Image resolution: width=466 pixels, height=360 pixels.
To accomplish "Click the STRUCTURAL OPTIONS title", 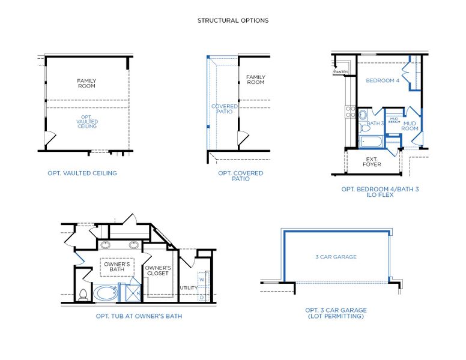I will coord(233,20).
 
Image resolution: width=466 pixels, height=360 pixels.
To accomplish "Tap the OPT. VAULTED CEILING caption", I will coord(82,173).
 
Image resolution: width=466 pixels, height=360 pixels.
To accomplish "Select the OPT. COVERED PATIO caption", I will coord(240,176).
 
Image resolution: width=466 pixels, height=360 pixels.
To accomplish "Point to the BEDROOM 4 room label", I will coord(383,80).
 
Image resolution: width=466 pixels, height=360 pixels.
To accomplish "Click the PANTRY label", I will coord(340,73).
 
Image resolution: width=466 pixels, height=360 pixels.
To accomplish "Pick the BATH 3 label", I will coord(375,124).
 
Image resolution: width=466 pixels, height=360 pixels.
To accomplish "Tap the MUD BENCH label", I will coord(394,120).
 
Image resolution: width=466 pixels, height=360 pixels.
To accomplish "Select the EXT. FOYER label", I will coord(371,162).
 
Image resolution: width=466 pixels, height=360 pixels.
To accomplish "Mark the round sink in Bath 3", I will coord(363,115).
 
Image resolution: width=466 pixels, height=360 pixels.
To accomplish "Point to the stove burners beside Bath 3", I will coord(349,111).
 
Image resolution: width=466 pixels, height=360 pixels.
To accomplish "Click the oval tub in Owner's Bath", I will coord(106,293).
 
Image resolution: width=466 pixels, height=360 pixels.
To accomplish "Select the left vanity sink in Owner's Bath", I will coord(106,245).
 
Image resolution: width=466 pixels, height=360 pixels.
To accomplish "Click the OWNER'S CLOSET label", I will coord(159,271).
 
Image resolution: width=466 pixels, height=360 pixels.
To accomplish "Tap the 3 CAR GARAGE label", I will coord(336,257).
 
